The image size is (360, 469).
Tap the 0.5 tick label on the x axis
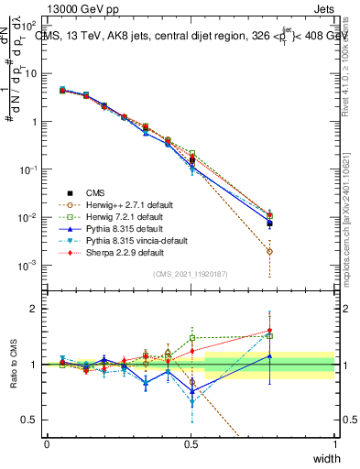pos(191,444)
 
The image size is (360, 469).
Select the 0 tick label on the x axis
pos(47,444)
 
